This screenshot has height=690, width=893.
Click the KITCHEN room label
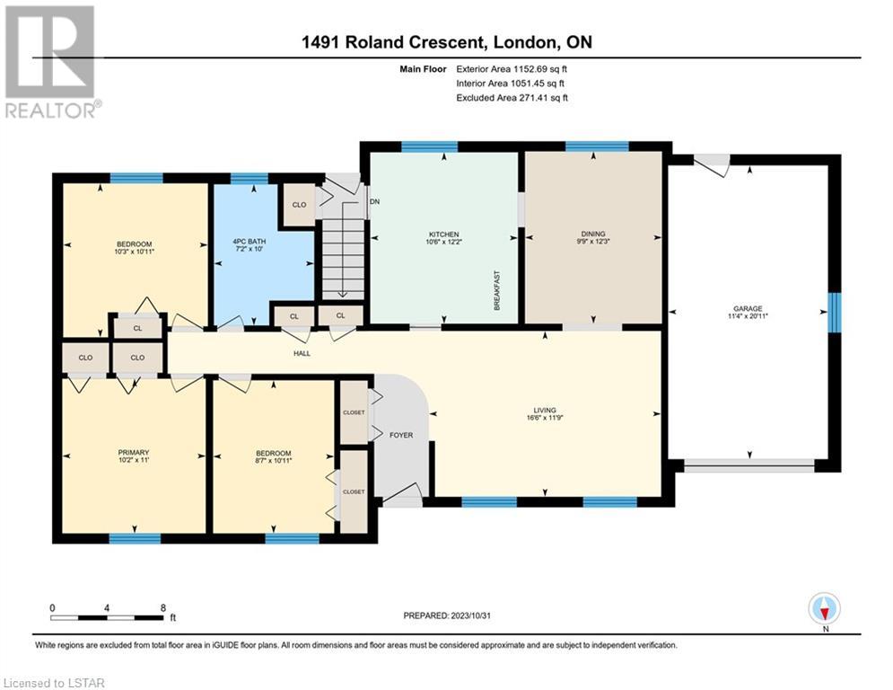[443, 234]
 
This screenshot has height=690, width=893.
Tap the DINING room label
[593, 234]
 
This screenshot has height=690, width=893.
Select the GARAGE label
[748, 308]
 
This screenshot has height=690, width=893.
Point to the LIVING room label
[545, 410]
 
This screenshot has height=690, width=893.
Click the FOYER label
[401, 435]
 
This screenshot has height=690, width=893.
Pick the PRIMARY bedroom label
[133, 452]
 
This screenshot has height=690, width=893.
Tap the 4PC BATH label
[250, 242]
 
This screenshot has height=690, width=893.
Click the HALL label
[302, 354]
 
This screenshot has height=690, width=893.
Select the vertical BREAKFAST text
[496, 291]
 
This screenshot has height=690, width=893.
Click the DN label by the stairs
[375, 202]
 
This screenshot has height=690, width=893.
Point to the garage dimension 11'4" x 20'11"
[748, 316]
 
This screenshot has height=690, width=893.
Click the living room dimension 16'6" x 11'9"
[545, 418]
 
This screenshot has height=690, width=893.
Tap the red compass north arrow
[825, 613]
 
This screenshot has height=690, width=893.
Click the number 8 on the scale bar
[163, 608]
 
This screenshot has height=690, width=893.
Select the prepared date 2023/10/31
[470, 615]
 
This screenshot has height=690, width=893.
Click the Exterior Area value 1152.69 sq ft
[540, 69]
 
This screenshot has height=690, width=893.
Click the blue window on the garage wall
[835, 313]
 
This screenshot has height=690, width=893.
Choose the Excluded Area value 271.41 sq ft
[541, 98]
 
